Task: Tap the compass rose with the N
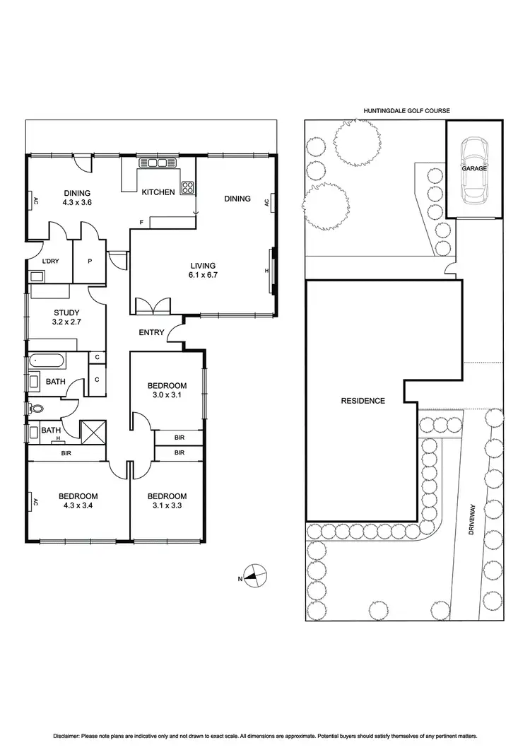255,576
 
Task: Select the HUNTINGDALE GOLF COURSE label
406,110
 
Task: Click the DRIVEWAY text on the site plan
471,522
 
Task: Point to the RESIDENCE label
363,401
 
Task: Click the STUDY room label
66,312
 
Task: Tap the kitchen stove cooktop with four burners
189,187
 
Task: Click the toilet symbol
37,408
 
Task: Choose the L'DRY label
50,262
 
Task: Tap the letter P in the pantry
90,262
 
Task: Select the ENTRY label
152,332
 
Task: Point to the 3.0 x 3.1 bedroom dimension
167,396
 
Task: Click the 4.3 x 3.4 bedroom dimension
78,506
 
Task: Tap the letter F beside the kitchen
141,223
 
